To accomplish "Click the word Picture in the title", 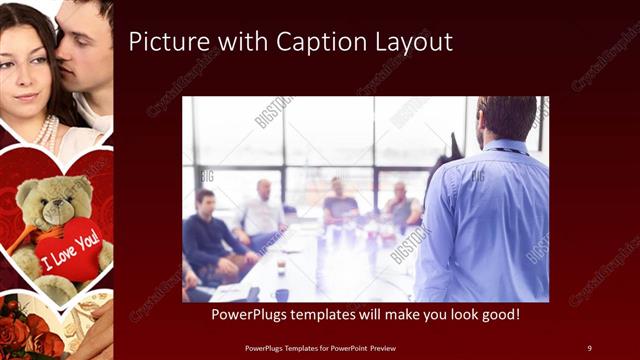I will click(x=167, y=42).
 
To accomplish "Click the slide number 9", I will click(x=589, y=347).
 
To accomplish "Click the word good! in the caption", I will click(x=496, y=314).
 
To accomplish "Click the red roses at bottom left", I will click(x=22, y=325).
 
